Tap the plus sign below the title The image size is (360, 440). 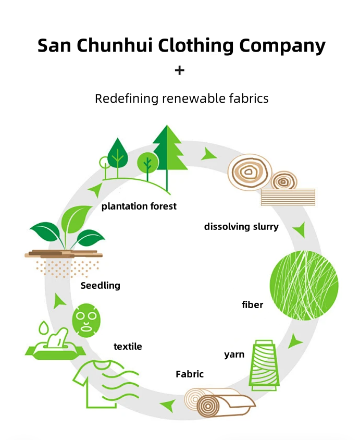tap(179, 70)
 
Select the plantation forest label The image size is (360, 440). tap(139, 206)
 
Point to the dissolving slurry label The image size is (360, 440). tap(241, 227)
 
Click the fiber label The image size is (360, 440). tap(252, 305)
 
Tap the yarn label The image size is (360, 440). tap(234, 355)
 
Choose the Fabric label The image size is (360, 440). tap(190, 374)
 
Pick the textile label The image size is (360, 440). tap(128, 347)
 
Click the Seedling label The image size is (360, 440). tap(101, 286)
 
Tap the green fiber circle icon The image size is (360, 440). tap(304, 285)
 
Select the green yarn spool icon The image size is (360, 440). tap(264, 365)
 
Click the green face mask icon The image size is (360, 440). tap(86, 320)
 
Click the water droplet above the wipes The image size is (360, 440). tap(43, 328)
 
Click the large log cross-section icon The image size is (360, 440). tap(250, 172)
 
